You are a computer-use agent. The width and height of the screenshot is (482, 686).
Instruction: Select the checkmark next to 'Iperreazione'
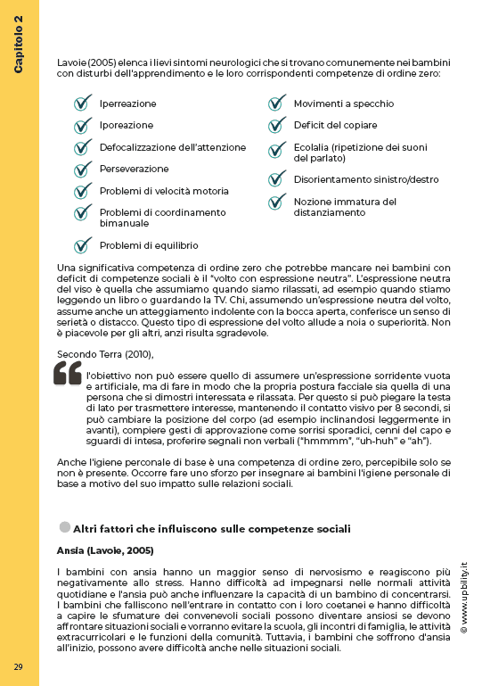[83, 103]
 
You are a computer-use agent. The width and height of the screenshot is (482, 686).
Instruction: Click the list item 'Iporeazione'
[127, 126]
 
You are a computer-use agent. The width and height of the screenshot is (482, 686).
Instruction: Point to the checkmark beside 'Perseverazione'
[83, 169]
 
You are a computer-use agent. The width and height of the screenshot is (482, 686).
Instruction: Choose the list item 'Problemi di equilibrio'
[149, 245]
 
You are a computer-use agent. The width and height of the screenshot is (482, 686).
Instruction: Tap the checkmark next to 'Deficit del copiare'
[277, 125]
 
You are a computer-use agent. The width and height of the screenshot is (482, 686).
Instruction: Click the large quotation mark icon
[68, 374]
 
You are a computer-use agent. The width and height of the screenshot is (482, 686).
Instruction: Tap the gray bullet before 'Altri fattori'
[64, 527]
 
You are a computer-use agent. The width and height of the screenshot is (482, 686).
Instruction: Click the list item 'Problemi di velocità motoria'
[164, 191]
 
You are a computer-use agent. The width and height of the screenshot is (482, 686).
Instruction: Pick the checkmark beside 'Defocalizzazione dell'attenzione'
[83, 146]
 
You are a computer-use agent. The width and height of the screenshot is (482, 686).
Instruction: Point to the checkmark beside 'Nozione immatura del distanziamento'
[277, 202]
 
